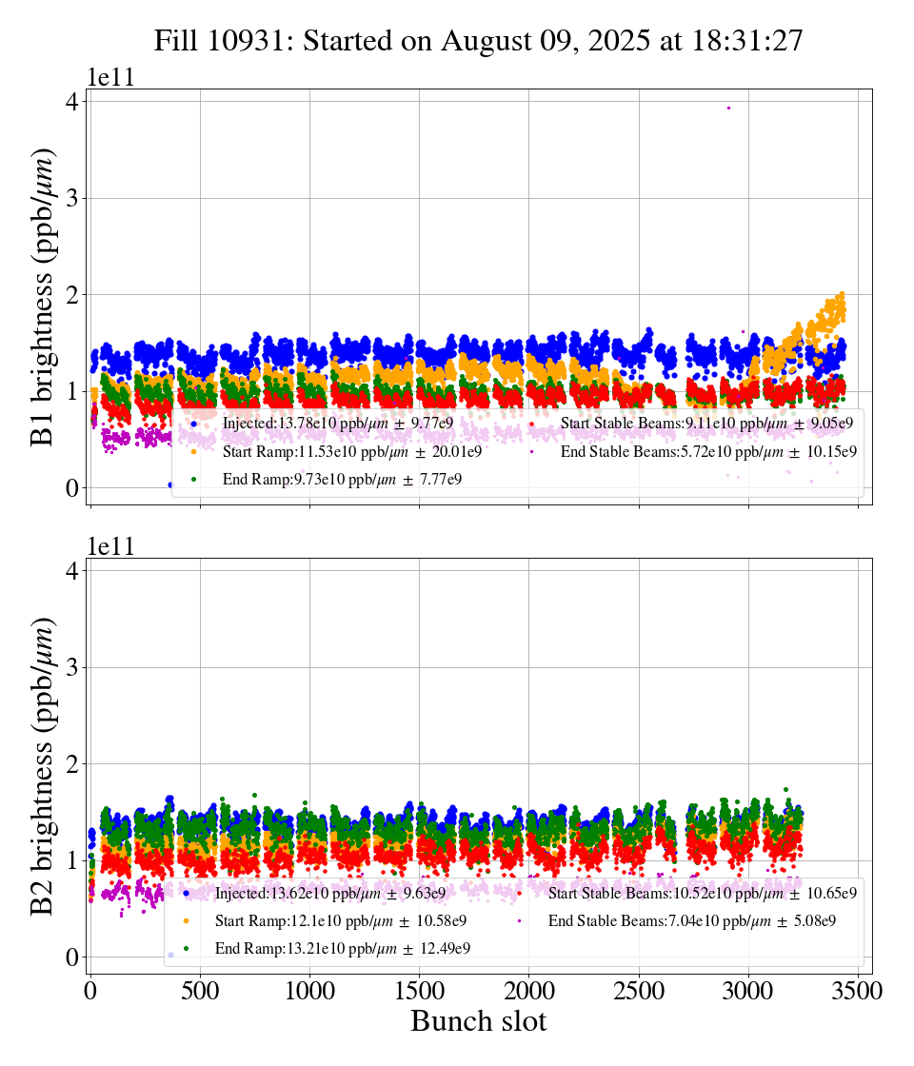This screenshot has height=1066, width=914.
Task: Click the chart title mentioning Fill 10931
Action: click(x=479, y=41)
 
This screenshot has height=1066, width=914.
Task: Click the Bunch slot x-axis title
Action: click(x=479, y=1021)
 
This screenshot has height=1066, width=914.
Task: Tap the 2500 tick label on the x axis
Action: click(x=639, y=990)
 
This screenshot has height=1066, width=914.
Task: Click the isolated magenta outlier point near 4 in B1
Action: click(x=728, y=108)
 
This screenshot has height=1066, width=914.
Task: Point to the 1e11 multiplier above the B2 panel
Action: click(x=110, y=546)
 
